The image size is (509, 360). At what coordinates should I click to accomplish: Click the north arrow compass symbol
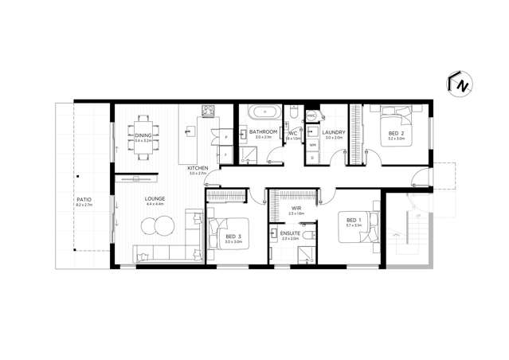[460, 84]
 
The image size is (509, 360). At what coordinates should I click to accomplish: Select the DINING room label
[143, 136]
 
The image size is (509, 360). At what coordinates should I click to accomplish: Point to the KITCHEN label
[198, 168]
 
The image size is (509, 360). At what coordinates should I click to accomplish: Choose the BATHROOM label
[263, 131]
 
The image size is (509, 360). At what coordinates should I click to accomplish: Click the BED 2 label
[397, 133]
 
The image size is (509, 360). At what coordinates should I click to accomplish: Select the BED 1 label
[353, 220]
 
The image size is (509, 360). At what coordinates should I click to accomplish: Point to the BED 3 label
[232, 237]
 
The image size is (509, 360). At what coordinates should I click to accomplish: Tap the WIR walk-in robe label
[295, 207]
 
